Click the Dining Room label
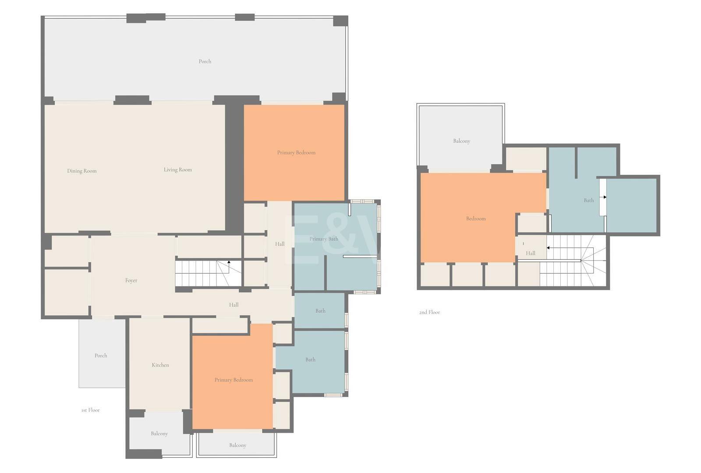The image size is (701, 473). (x=81, y=171)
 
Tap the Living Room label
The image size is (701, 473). (x=178, y=170)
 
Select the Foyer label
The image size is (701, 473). (x=131, y=281)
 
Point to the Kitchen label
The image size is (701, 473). (x=160, y=365)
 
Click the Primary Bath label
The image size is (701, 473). (x=324, y=239)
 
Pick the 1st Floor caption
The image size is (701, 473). (x=90, y=410)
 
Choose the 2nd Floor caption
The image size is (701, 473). (x=429, y=312)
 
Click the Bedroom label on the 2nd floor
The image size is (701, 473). (x=476, y=219)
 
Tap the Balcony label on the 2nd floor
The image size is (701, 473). (x=462, y=141)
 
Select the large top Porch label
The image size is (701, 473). (x=205, y=61)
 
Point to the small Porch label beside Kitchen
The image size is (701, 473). (x=101, y=356)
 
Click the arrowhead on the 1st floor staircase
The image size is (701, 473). (x=229, y=262)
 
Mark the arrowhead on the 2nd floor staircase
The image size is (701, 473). (x=548, y=248)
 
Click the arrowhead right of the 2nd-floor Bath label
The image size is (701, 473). (x=605, y=197)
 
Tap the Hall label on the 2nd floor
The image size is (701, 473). (x=531, y=254)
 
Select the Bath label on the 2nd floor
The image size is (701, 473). (x=589, y=200)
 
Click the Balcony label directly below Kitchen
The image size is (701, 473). (x=159, y=434)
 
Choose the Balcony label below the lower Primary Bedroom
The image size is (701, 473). (x=237, y=445)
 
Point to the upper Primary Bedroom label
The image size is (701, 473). (x=296, y=153)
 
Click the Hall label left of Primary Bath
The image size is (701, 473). (x=280, y=244)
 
